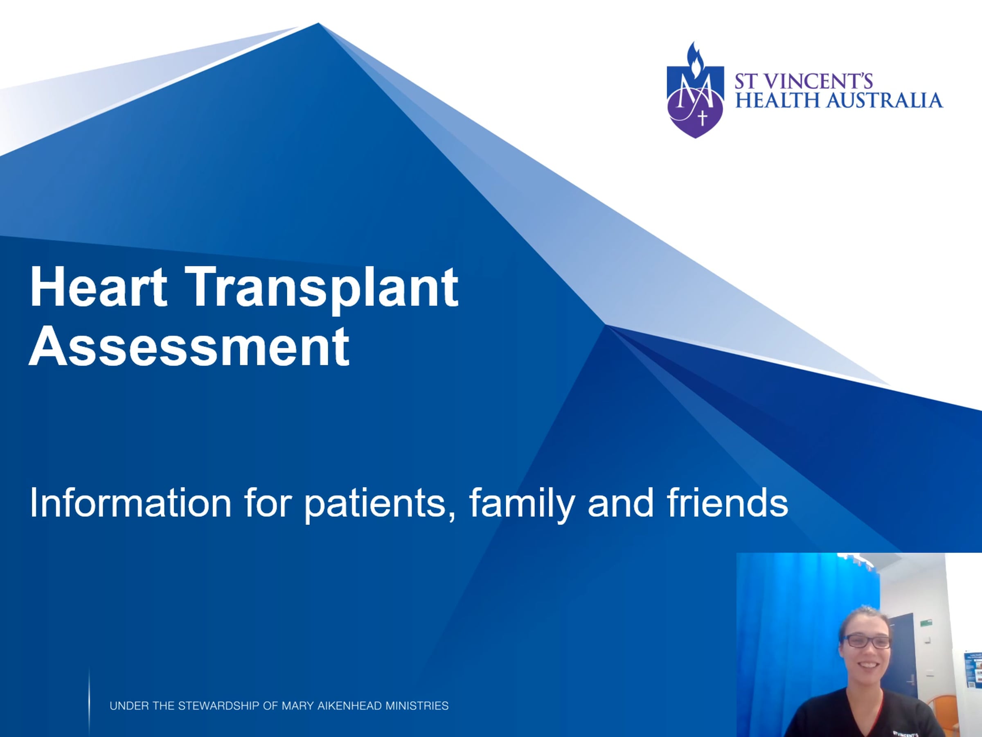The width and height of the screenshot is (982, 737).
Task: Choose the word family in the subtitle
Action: click(x=522, y=504)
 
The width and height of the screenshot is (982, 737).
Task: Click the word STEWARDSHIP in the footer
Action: click(x=219, y=706)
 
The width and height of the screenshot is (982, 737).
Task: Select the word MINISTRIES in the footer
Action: click(x=417, y=706)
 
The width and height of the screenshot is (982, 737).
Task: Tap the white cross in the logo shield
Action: click(x=702, y=118)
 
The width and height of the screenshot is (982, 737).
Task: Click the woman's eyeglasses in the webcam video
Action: click(x=867, y=642)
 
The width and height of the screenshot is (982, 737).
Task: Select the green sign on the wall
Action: click(x=926, y=623)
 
